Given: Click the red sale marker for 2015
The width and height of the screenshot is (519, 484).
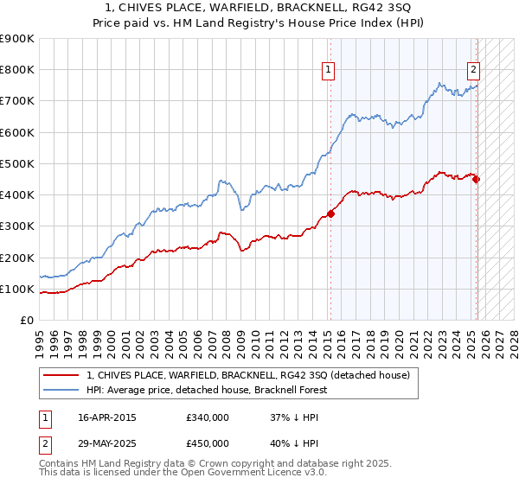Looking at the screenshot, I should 331,214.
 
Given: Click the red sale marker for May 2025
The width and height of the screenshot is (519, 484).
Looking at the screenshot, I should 477,180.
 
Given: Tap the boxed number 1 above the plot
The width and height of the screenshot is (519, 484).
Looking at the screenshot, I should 329,72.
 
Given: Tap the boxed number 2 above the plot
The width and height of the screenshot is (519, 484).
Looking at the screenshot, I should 474,72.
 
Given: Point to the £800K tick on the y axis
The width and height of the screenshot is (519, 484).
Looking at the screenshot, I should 17,70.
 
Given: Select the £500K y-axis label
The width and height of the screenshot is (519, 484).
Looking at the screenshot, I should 17,164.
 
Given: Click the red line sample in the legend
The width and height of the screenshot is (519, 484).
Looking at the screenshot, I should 61,375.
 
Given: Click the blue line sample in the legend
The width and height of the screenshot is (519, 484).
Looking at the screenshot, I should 61,390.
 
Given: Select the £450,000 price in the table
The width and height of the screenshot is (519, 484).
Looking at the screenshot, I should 208,443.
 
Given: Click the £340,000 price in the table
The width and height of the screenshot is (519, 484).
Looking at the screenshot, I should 208,418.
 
